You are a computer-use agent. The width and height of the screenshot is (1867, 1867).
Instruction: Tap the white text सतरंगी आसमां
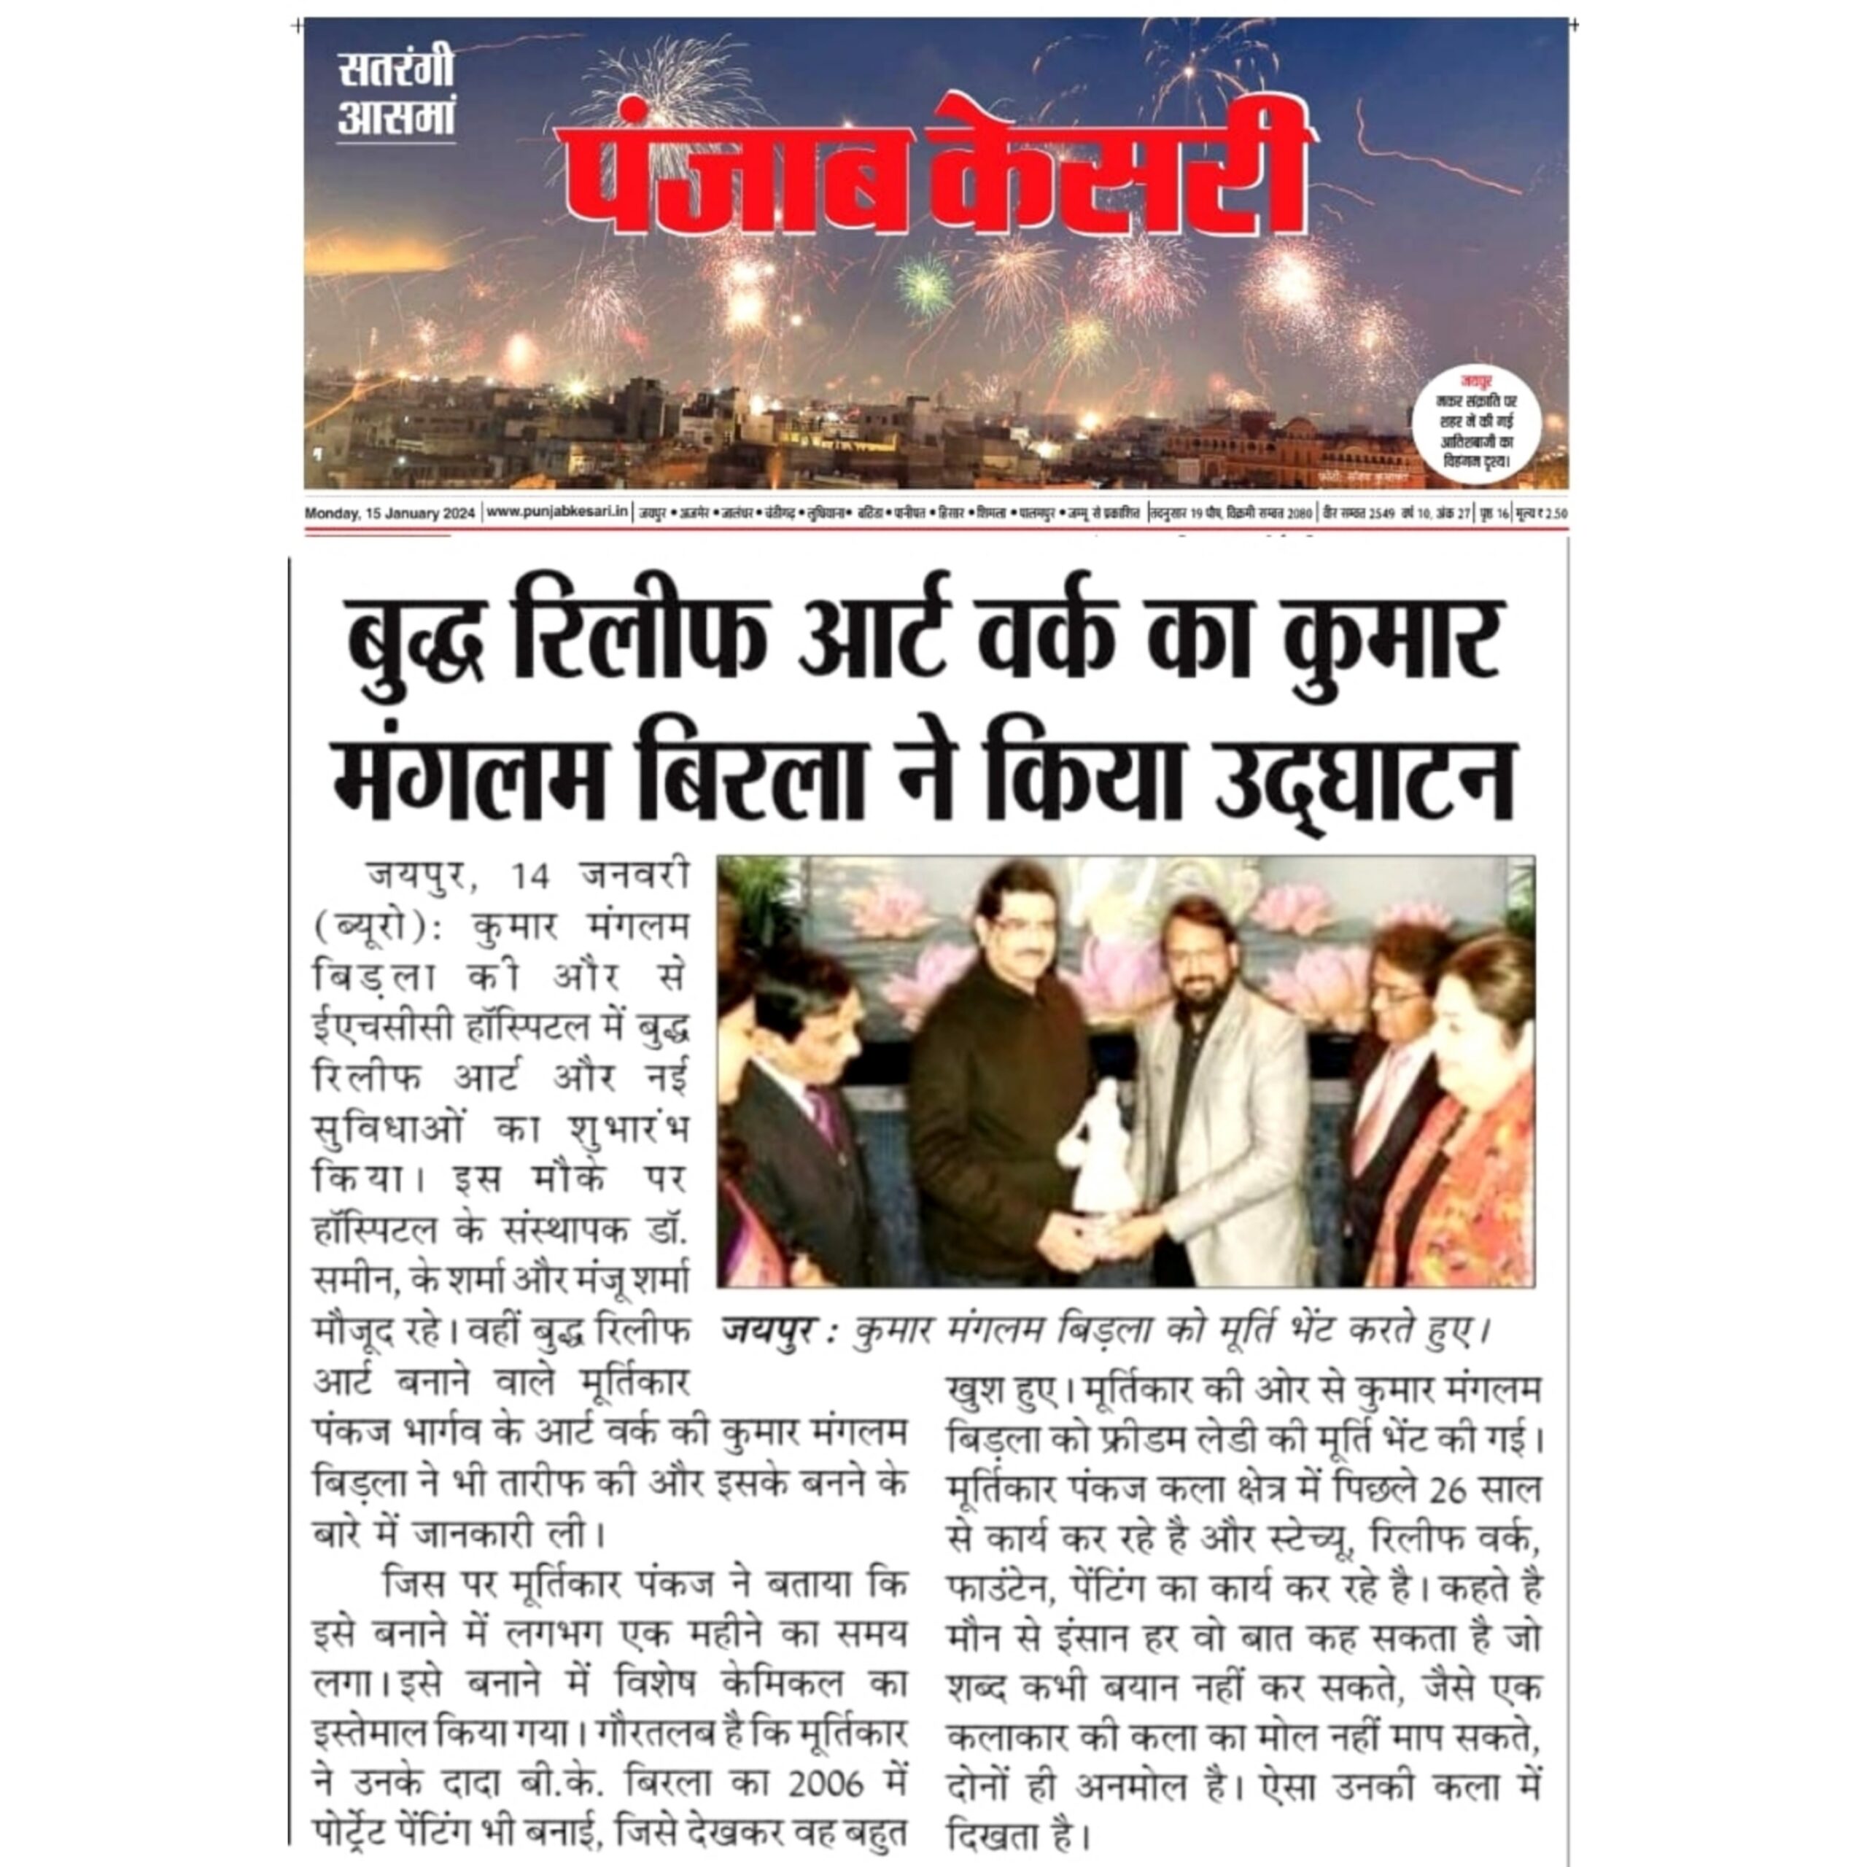[395, 95]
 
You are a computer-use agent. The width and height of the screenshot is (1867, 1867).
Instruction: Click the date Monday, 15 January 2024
[389, 513]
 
